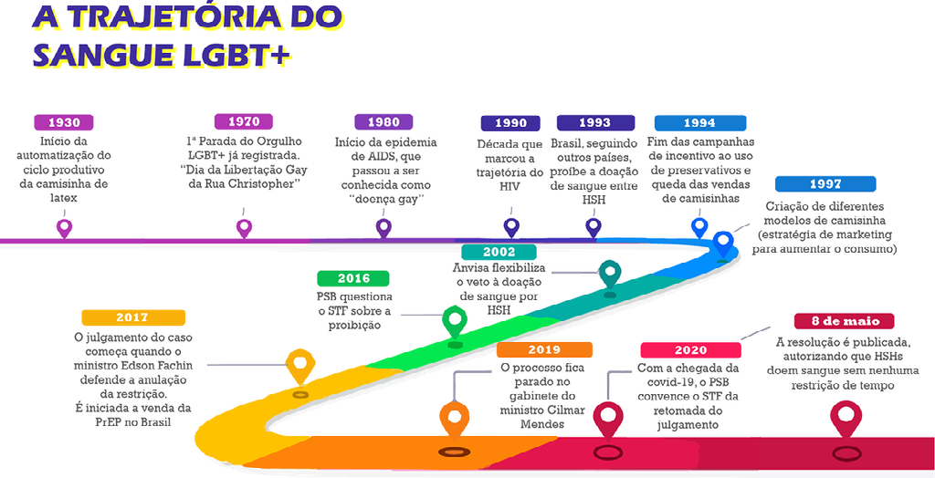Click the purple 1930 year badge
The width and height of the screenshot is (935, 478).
tap(64, 122)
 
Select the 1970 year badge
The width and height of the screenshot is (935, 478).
tap(244, 121)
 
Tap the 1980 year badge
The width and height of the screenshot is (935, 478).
tap(383, 122)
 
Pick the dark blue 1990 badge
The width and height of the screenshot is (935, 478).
tap(510, 123)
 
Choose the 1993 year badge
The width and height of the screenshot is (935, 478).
tap(595, 123)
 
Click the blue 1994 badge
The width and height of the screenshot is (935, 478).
tap(699, 123)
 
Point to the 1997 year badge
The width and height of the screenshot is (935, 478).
tap(825, 184)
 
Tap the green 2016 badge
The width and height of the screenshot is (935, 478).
tap(353, 278)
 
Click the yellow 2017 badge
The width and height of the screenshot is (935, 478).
tap(132, 317)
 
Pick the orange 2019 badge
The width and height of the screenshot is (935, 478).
tap(545, 349)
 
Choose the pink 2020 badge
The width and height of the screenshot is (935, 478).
tap(691, 350)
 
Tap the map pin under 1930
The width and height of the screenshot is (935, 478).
tap(63, 227)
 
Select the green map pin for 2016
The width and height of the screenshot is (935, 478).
tap(454, 319)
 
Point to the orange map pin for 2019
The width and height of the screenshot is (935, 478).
tap(453, 419)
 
